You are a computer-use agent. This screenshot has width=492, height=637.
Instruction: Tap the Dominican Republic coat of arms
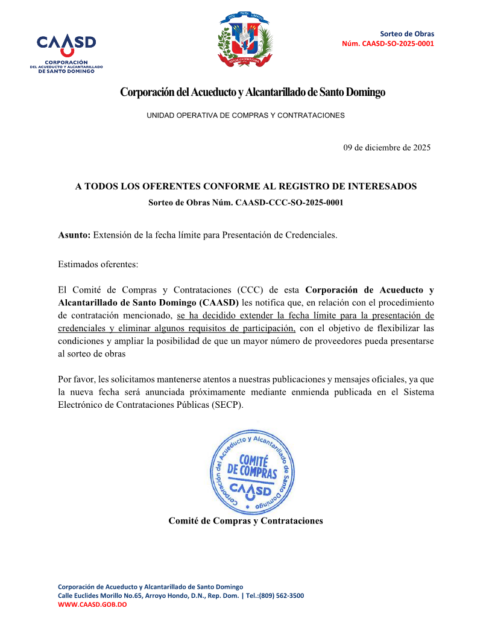(247, 40)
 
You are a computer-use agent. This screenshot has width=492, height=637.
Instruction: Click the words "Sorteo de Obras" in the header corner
(407, 34)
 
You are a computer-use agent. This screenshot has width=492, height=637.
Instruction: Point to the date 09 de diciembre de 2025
(387, 147)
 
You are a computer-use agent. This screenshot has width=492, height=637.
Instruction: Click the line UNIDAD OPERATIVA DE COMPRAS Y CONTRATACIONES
(246, 115)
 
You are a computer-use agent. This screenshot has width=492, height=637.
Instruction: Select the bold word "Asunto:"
(74, 235)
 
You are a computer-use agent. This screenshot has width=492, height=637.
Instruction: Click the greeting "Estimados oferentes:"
(98, 264)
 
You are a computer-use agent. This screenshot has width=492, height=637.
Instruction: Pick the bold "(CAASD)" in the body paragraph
(218, 302)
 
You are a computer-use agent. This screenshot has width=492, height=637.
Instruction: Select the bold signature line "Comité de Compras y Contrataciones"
(246, 521)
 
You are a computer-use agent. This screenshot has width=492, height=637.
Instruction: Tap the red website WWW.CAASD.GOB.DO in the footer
(92, 604)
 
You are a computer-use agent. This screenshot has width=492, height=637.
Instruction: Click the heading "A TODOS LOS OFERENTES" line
(246, 187)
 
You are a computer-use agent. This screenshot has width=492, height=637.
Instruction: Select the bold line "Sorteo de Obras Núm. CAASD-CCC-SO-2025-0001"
(246, 203)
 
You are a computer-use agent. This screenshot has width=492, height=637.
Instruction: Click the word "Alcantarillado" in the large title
(275, 92)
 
